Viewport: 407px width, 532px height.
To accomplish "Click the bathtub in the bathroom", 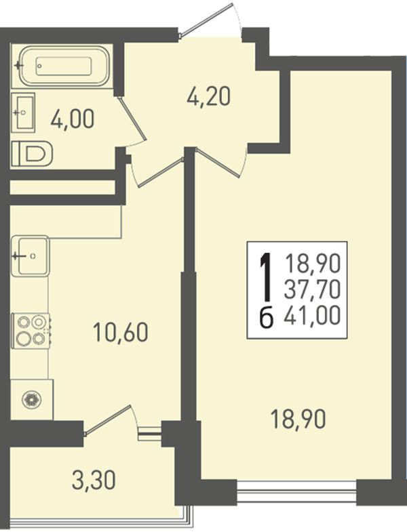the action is point(64,66).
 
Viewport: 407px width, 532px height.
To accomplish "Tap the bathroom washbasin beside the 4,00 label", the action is point(23,111).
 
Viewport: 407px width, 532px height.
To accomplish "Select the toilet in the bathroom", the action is point(32,154).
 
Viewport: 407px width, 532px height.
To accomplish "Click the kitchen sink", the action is point(30,255).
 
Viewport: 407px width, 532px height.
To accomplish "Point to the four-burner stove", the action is point(31,331).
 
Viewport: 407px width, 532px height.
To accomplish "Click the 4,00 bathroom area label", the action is point(73,119).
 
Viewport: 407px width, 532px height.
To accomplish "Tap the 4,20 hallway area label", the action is point(209,97).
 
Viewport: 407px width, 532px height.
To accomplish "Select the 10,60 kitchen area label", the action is point(121,332).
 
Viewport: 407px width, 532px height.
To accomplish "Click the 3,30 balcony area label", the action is point(94,480).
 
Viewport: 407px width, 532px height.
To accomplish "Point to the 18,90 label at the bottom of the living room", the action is point(298,419).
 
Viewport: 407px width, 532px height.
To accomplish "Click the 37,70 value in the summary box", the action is point(312,290).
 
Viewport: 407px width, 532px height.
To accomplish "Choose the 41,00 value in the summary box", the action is point(312,316).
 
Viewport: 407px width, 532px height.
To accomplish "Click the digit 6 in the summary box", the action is point(267,318).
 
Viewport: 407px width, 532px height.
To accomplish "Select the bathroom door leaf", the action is point(132,118).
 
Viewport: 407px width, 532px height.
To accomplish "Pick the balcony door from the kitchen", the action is point(108,420).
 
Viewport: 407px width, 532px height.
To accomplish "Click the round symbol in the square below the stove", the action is point(32,399).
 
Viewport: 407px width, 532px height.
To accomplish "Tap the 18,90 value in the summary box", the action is point(312,264).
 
